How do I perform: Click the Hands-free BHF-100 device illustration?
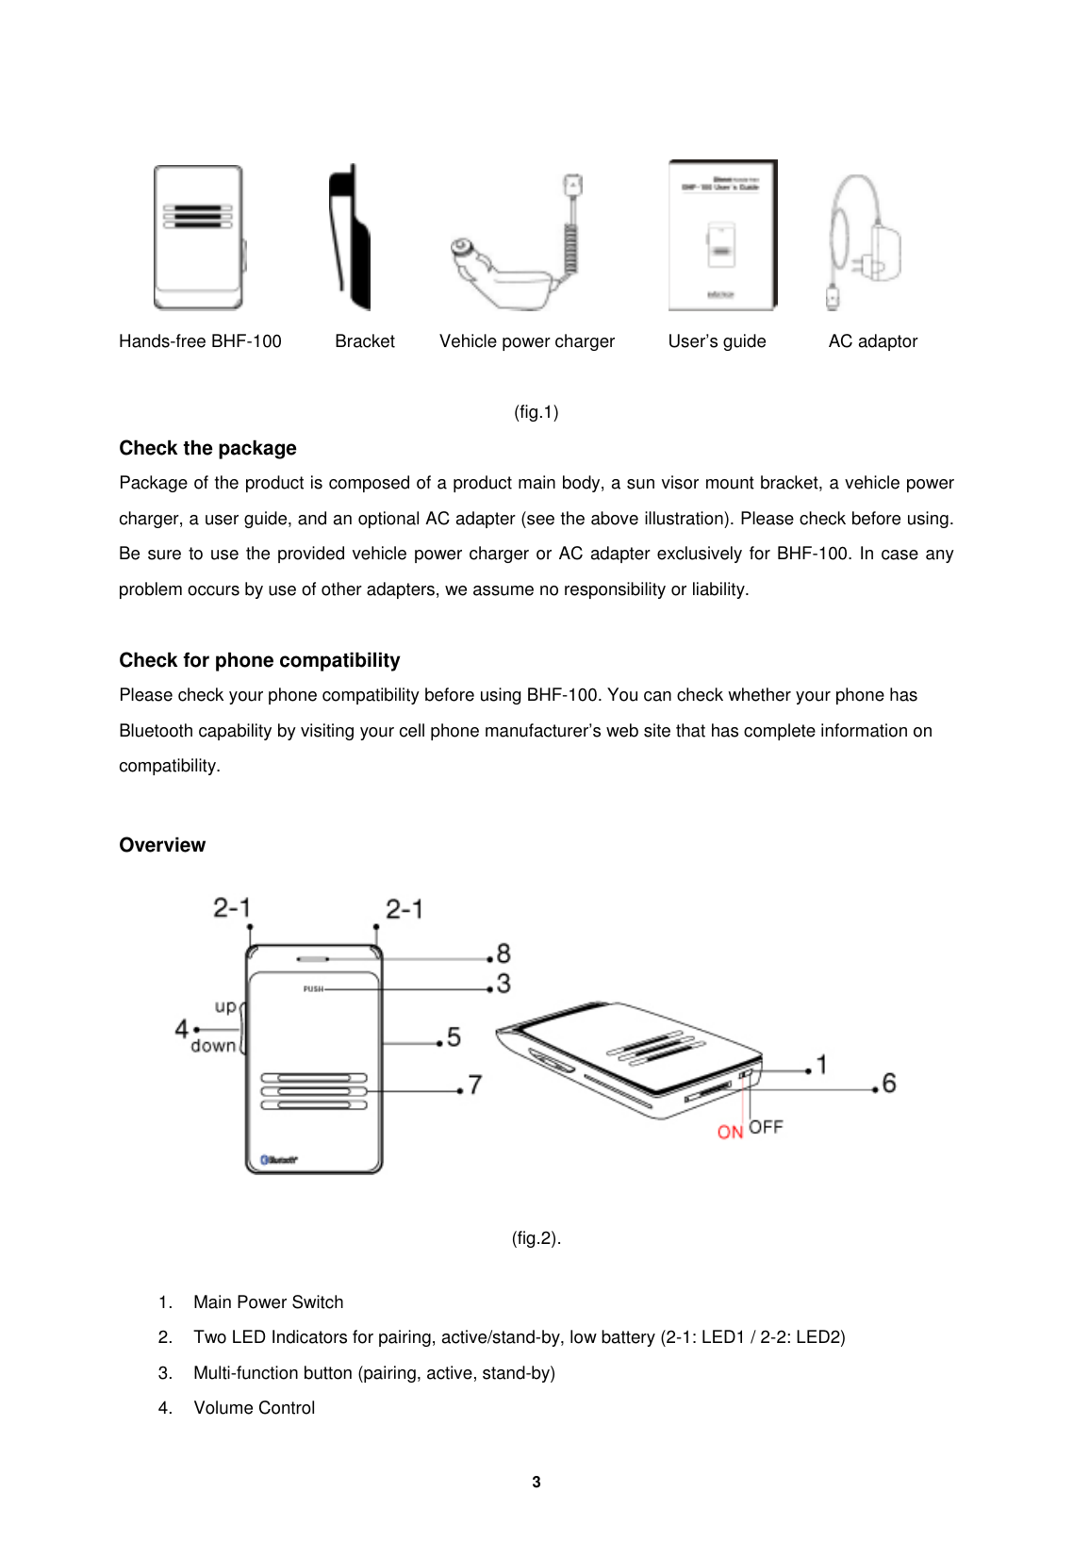point(199,238)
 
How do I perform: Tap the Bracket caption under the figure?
point(365,341)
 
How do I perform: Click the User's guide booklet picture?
point(722,236)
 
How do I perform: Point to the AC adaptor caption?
point(872,341)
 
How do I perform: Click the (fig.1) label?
point(536,412)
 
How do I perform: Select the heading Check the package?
point(207,448)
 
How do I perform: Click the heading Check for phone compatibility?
point(259,660)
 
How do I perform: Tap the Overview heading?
point(162,845)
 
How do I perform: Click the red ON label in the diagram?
point(730,1132)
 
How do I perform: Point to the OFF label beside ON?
point(766,1127)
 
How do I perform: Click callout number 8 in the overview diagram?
point(503,953)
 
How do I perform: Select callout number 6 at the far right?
point(888,1084)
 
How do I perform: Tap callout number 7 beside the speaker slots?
point(475,1086)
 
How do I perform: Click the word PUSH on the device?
point(312,989)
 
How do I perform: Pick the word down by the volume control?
point(213,1046)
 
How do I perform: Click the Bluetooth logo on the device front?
point(279,1160)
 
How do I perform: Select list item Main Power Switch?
point(268,1302)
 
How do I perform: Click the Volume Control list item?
point(254,1408)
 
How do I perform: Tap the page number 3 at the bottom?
point(536,1482)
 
